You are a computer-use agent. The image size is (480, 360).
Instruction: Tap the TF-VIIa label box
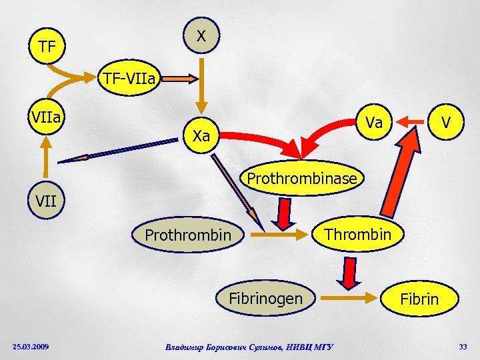(x=129, y=80)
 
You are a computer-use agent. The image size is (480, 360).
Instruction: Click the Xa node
(x=201, y=136)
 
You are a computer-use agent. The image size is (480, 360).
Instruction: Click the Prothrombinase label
(x=303, y=179)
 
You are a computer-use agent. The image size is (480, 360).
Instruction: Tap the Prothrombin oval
(x=188, y=235)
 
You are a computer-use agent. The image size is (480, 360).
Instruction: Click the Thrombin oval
(x=357, y=234)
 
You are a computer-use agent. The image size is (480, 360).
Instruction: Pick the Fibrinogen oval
(x=266, y=298)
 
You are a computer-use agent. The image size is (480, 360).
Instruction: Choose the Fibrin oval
(x=419, y=299)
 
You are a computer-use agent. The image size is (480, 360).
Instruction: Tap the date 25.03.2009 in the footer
(x=30, y=346)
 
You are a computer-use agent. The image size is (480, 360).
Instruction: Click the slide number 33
(x=463, y=345)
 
